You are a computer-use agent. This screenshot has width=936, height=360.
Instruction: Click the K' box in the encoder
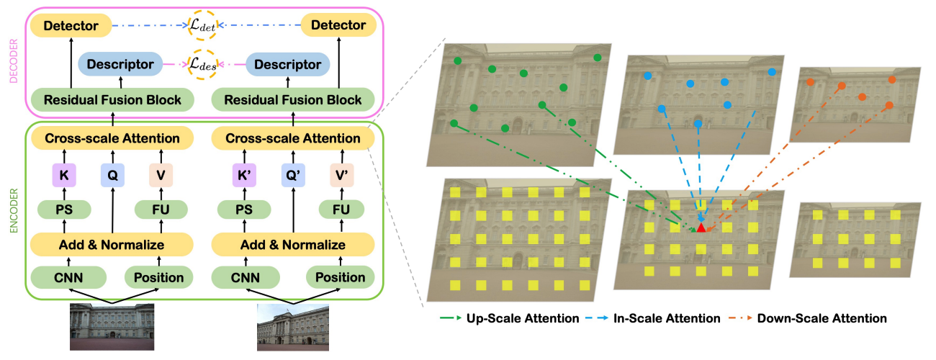(245, 174)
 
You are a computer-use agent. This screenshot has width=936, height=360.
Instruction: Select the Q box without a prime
(112, 174)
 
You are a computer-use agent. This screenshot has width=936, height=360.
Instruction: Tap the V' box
(341, 174)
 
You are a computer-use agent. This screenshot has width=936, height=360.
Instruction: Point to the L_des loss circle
(202, 65)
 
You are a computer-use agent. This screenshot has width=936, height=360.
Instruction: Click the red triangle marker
(701, 228)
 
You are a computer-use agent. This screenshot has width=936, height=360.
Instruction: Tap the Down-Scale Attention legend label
(822, 318)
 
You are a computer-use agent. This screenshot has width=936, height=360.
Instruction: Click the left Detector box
(71, 27)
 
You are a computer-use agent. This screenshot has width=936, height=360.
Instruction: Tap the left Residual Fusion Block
(112, 99)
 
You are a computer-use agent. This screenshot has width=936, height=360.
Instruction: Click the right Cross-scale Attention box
(293, 138)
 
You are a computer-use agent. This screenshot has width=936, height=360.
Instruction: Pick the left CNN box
(68, 277)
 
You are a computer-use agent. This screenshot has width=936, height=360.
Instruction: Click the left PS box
(64, 210)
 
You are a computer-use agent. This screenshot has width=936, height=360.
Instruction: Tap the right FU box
(341, 210)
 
